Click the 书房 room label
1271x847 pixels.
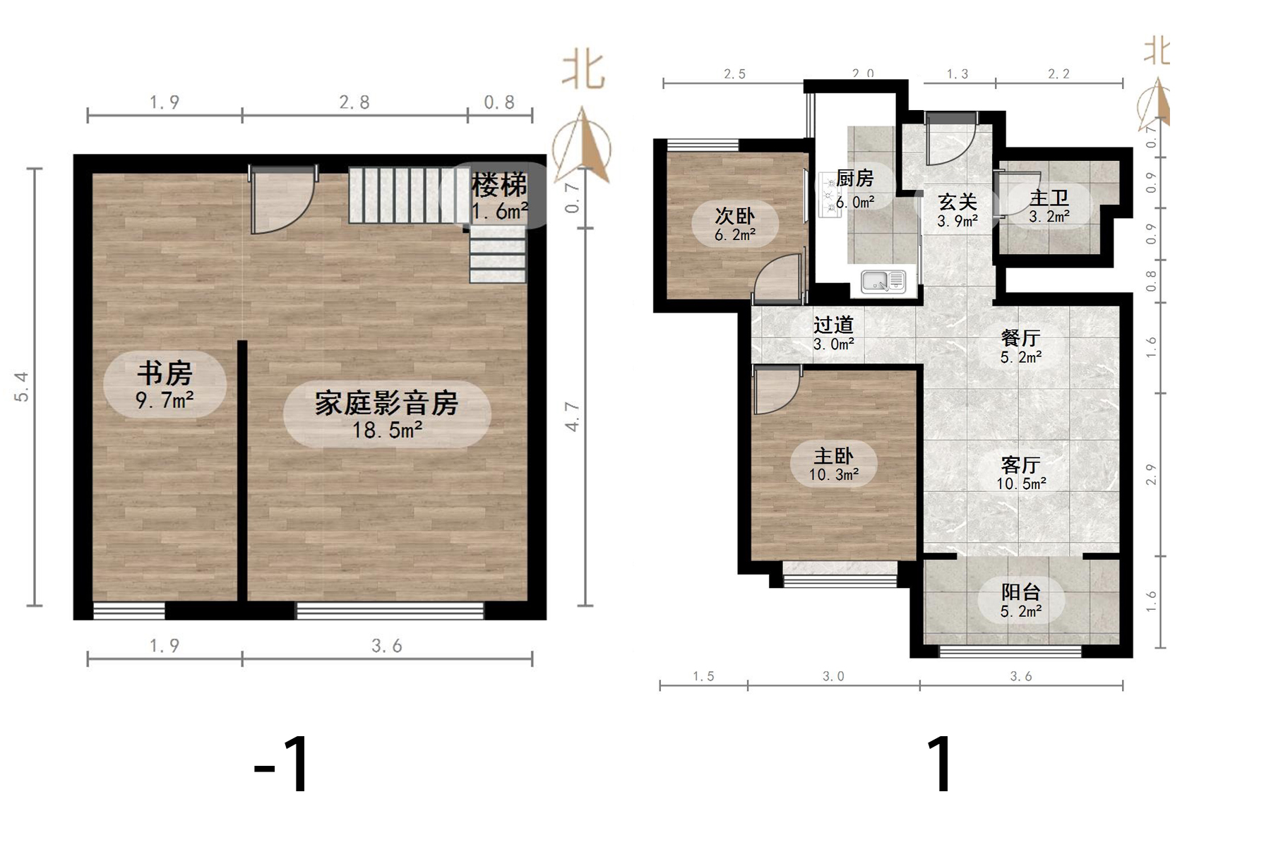[165, 385]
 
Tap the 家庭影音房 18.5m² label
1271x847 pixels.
[386, 415]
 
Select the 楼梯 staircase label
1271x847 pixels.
[499, 196]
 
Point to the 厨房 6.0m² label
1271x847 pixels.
[854, 188]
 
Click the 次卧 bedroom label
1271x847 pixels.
[735, 224]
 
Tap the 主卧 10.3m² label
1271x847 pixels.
[833, 464]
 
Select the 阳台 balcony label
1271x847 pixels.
[1021, 601]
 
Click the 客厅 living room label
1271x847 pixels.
[1021, 473]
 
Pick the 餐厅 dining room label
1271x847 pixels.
[1021, 347]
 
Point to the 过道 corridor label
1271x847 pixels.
[833, 333]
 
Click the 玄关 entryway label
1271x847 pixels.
[957, 210]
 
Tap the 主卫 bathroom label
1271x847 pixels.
[1049, 206]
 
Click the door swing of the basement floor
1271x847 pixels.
[281, 201]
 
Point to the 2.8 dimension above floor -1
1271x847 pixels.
[354, 103]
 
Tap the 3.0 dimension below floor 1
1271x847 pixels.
[833, 676]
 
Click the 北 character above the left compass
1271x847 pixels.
[583, 71]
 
